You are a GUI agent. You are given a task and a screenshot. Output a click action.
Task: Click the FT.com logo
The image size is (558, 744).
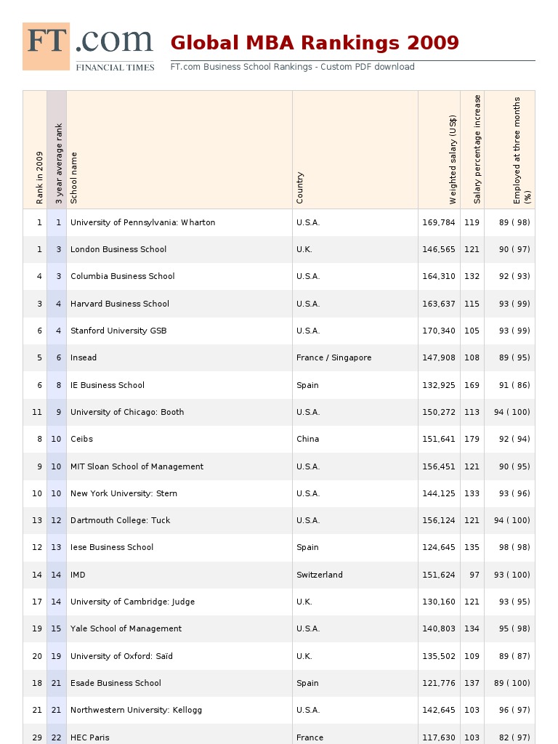pyautogui.click(x=89, y=46)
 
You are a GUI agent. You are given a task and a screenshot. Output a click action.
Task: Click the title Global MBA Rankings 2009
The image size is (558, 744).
pyautogui.click(x=315, y=43)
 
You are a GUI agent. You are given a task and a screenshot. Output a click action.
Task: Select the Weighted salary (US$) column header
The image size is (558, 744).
pyautogui.click(x=453, y=160)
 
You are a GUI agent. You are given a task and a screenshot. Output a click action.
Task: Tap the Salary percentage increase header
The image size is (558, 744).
pyautogui.click(x=477, y=149)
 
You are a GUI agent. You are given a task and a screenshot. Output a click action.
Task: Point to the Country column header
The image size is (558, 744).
pyautogui.click(x=300, y=187)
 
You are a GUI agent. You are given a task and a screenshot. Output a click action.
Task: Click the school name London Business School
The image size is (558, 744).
pyautogui.click(x=118, y=249)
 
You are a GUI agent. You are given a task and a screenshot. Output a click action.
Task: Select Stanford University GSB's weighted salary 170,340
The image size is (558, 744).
pyautogui.click(x=439, y=331)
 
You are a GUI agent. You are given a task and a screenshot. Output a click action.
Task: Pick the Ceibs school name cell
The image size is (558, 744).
pyautogui.click(x=81, y=439)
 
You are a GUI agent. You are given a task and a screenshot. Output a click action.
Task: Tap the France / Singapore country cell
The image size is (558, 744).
pyautogui.click(x=333, y=357)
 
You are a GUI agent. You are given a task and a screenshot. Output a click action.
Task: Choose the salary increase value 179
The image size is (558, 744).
pyautogui.click(x=472, y=439)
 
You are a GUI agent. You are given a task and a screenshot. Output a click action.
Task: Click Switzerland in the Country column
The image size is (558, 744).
pyautogui.click(x=319, y=575)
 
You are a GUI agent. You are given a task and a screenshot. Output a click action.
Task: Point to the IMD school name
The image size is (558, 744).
pyautogui.click(x=78, y=575)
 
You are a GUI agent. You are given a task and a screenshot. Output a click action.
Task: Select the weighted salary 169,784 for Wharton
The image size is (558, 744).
pyautogui.click(x=439, y=222)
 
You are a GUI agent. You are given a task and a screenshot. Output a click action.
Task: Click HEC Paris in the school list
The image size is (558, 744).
pyautogui.click(x=89, y=737)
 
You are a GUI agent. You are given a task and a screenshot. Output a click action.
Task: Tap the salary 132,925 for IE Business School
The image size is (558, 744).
pyautogui.click(x=439, y=385)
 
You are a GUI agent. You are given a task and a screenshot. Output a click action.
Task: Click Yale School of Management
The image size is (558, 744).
pyautogui.click(x=126, y=628)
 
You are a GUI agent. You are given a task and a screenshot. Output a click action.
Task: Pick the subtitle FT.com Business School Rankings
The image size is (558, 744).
pyautogui.click(x=292, y=67)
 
